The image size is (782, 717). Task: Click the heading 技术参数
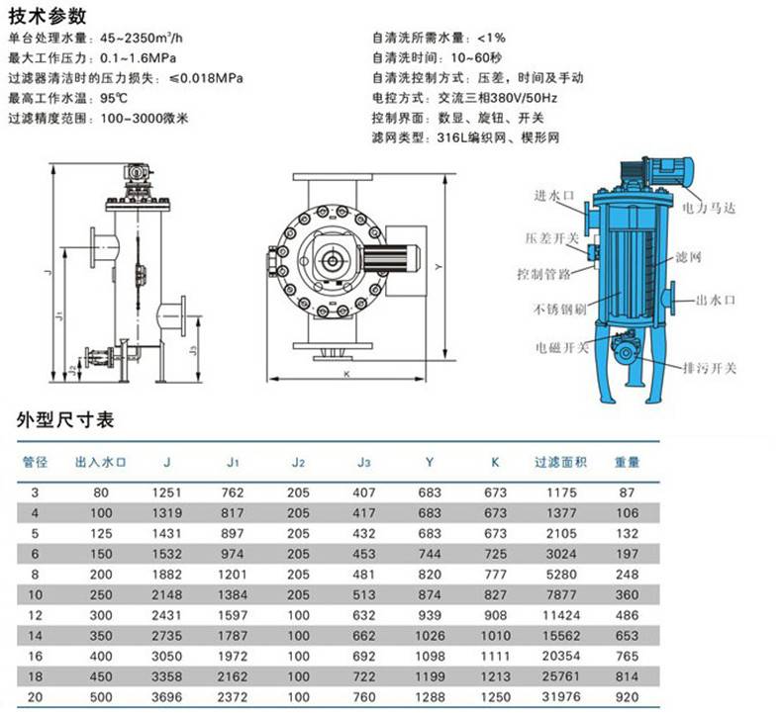(x=48, y=17)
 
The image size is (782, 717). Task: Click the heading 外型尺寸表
(x=65, y=419)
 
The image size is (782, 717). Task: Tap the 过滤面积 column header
(x=561, y=462)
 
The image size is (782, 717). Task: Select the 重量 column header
(x=627, y=462)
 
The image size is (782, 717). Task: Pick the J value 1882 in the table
(x=166, y=574)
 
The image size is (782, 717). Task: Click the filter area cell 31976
(x=561, y=696)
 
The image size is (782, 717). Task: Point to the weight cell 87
(x=627, y=493)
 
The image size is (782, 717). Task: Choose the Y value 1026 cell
(x=430, y=635)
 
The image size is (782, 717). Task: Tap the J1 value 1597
(x=233, y=615)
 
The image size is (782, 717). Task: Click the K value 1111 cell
(x=495, y=656)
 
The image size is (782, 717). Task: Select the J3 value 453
(x=364, y=554)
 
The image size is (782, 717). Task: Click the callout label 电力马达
(x=709, y=208)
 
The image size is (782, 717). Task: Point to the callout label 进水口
(x=554, y=195)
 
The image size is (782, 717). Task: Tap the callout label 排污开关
(x=710, y=368)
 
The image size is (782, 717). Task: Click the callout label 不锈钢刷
(x=559, y=309)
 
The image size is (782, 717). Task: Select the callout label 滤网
(x=689, y=256)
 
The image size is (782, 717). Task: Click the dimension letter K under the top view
(x=346, y=374)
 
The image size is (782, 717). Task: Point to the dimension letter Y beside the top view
(x=439, y=267)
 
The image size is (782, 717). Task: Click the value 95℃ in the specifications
(x=114, y=98)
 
